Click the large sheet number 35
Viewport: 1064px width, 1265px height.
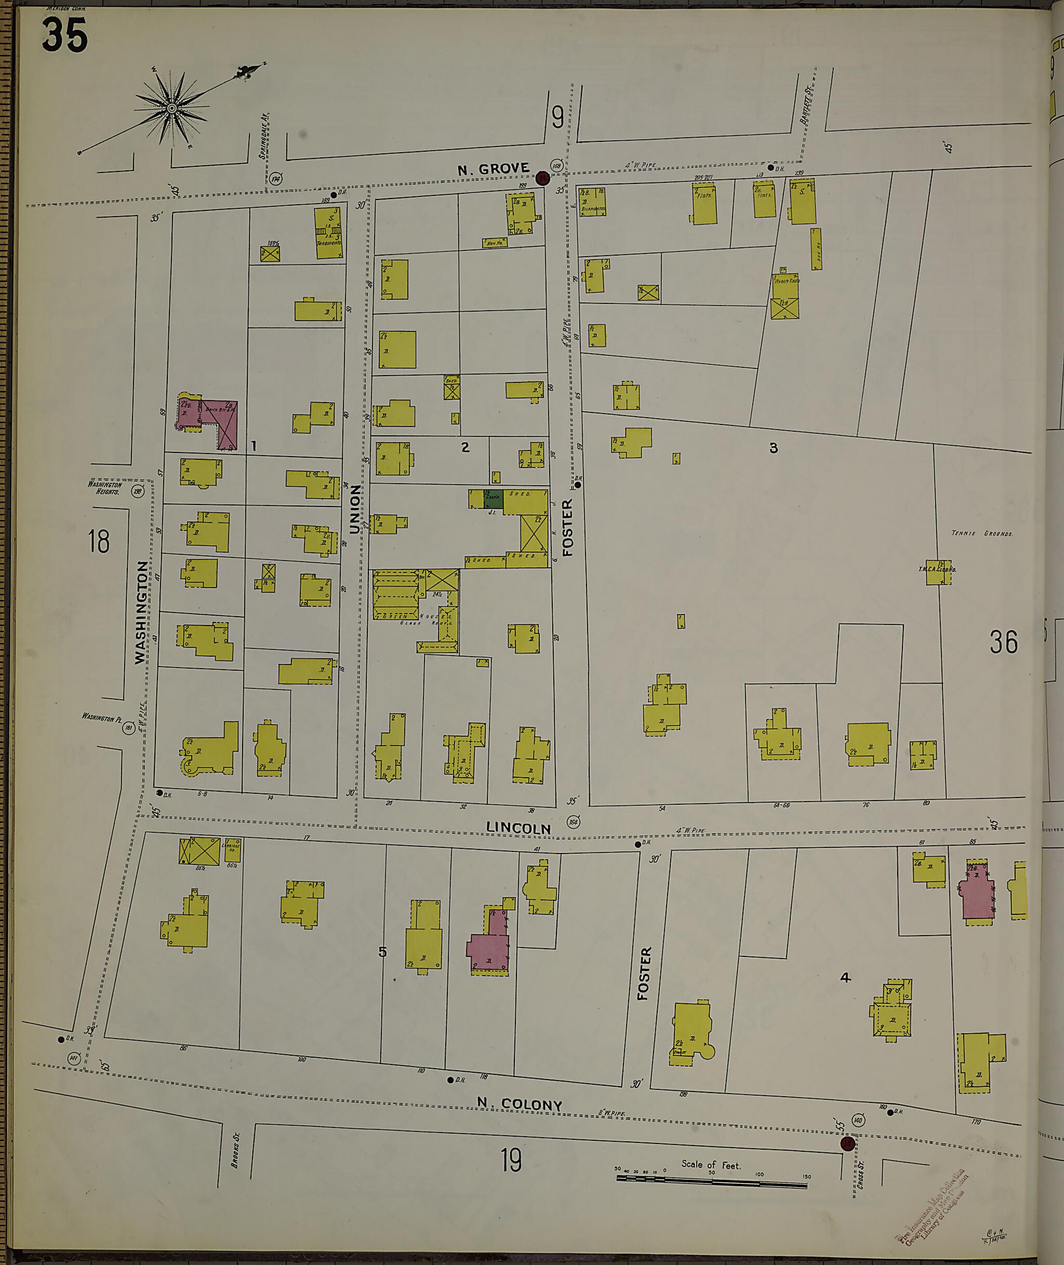tap(64, 35)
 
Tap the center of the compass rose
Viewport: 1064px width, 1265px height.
tap(171, 109)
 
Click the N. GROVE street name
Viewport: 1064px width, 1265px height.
tap(493, 169)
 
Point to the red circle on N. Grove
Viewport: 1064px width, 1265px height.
tap(542, 177)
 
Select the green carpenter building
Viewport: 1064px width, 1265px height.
tap(494, 498)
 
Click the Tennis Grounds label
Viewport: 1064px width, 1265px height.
tap(982, 533)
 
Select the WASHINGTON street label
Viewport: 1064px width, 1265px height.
tap(141, 612)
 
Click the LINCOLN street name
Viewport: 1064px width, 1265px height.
tap(518, 828)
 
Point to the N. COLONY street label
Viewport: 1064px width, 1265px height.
tap(520, 1104)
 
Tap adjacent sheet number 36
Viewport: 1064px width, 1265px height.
tap(1003, 642)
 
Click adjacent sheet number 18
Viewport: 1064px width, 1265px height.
tap(99, 541)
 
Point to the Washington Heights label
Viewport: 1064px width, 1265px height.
tap(105, 487)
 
